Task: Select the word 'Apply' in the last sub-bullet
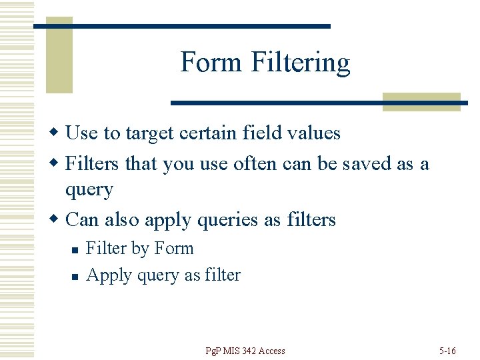103,275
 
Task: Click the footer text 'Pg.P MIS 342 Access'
245,351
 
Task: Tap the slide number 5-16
447,351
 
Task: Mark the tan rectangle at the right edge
421,101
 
